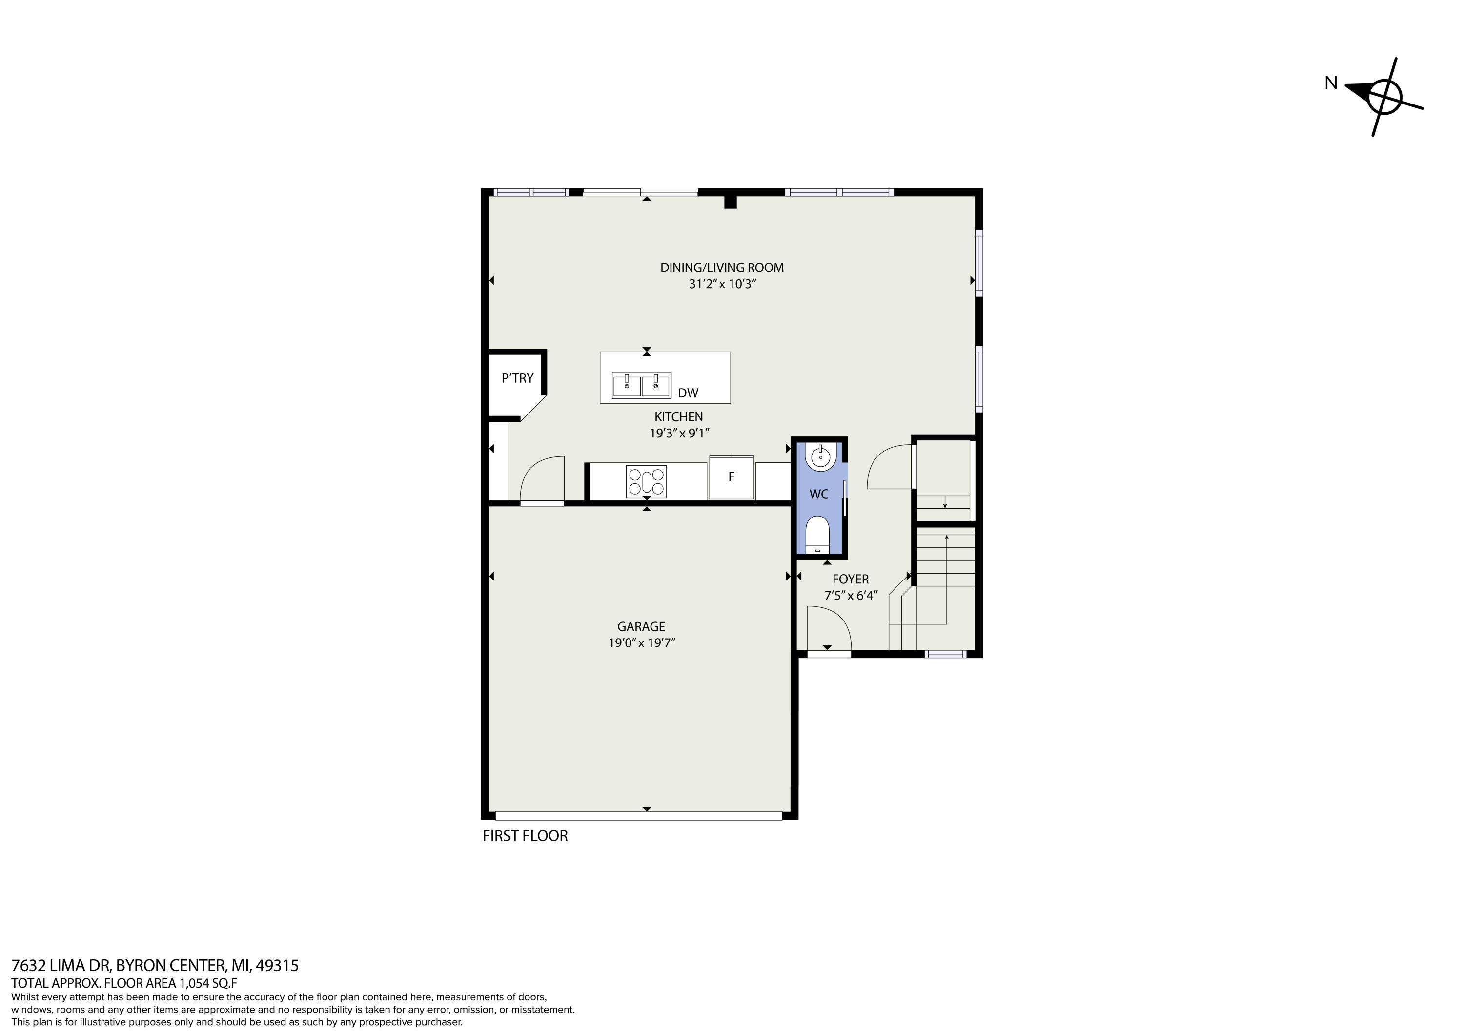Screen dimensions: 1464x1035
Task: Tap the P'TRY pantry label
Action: coord(517,378)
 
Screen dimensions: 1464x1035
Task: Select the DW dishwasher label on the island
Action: coord(688,393)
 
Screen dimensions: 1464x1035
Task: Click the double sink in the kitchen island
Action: coord(641,385)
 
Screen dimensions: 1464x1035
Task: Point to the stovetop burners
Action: coord(647,481)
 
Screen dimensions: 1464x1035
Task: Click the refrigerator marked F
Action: coord(732,477)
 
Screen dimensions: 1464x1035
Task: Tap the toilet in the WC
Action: coord(817,535)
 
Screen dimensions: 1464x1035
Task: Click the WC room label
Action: coord(819,494)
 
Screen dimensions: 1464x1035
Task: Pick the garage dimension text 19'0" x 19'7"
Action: coord(641,643)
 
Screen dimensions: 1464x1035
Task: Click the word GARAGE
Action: coord(641,627)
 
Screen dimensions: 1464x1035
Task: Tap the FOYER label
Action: coord(851,579)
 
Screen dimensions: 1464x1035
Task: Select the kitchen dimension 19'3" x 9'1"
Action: coord(679,434)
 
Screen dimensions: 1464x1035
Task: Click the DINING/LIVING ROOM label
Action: coord(722,268)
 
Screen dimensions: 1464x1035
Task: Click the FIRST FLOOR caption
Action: coord(525,836)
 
